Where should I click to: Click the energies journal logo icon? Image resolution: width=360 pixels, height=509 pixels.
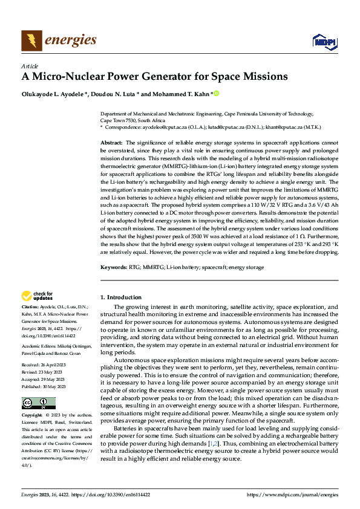(x=31, y=41)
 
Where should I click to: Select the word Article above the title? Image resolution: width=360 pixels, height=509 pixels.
(x=30, y=66)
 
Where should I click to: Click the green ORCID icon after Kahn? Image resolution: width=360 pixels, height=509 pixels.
(x=216, y=94)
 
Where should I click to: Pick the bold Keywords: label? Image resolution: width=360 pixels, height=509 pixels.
(x=114, y=266)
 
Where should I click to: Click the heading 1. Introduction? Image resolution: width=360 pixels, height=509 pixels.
(x=121, y=297)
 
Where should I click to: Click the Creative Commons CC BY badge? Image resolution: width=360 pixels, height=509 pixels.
(x=38, y=403)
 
